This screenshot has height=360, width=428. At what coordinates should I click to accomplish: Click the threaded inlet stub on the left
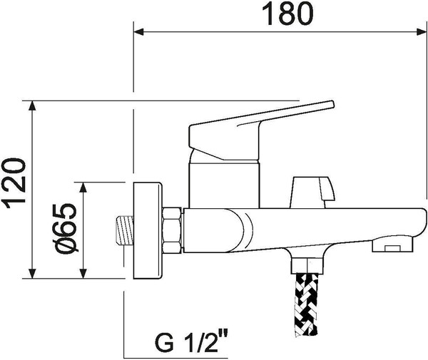(122, 230)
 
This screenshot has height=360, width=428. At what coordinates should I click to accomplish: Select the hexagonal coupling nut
(173, 230)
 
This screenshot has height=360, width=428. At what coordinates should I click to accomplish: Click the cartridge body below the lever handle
(223, 182)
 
